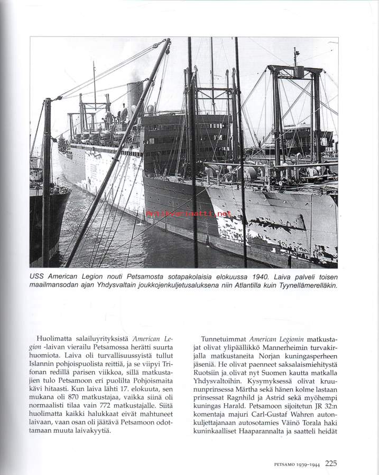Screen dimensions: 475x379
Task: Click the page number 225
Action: click(x=331, y=464)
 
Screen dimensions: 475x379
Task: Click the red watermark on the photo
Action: click(x=188, y=214)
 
